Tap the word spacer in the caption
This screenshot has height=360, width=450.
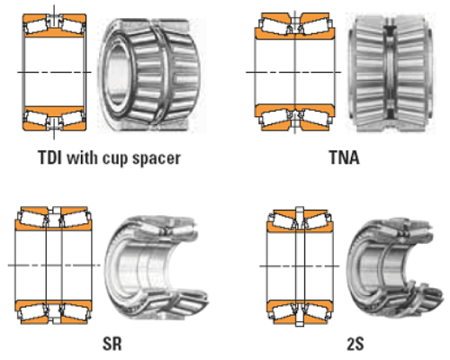157,159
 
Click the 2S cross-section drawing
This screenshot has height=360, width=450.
298,265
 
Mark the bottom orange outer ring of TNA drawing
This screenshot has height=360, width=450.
295,118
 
